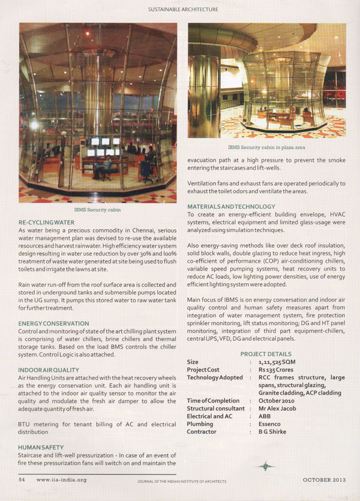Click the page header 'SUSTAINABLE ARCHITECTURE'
(183, 10)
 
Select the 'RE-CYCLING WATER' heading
(47, 223)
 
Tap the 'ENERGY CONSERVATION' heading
(53, 323)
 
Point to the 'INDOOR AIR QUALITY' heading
(49, 370)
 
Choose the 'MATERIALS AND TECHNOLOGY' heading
(231, 206)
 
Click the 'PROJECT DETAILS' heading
(266, 354)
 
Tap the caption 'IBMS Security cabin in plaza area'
(266, 146)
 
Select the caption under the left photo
(98, 211)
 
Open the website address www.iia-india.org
(61, 479)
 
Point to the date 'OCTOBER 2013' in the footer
(324, 479)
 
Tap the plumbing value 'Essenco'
(271, 424)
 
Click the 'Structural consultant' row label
(215, 408)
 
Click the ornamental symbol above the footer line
(265, 466)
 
